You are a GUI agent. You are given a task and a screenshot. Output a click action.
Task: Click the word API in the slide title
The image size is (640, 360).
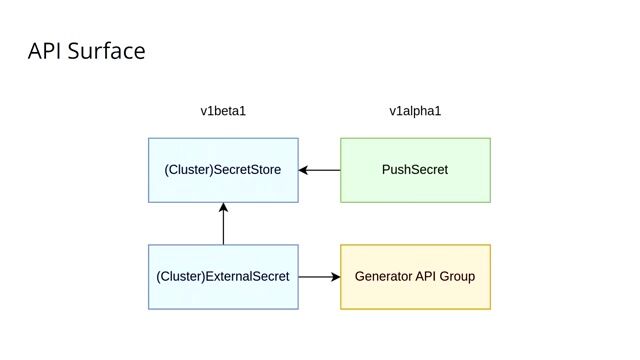[46, 51]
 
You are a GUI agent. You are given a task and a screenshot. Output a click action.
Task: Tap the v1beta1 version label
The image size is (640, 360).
[223, 111]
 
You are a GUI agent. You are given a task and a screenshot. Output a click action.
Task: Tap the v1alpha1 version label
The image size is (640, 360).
[415, 111]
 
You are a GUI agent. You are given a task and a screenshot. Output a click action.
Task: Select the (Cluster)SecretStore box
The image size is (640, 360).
[223, 170]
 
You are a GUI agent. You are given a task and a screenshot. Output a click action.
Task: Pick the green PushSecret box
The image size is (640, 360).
[415, 170]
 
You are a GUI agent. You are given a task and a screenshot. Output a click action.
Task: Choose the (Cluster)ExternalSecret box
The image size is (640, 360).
[223, 275]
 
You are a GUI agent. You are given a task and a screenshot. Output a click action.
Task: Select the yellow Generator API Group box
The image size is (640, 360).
[415, 275]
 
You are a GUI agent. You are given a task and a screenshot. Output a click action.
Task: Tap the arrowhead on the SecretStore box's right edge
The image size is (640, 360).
[304, 170]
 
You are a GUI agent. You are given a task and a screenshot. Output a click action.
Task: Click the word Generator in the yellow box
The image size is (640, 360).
[385, 275]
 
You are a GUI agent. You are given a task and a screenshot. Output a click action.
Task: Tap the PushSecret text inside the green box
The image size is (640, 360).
[415, 170]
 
